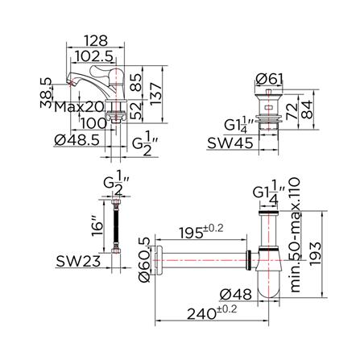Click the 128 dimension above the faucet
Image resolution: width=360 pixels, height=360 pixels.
(96, 40)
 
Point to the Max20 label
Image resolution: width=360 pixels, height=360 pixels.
(79, 107)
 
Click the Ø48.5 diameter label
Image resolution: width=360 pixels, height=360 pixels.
(77, 140)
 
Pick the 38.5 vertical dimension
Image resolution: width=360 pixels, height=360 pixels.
(46, 93)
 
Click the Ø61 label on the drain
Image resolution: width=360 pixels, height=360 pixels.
(269, 79)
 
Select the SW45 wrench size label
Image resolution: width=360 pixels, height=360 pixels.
(230, 143)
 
